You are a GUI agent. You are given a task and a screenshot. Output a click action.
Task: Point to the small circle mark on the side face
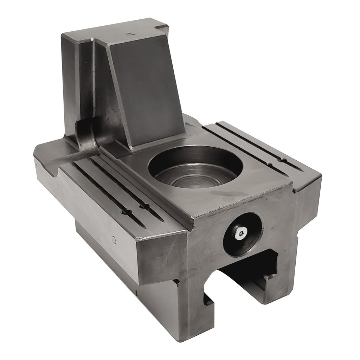tap(114, 240)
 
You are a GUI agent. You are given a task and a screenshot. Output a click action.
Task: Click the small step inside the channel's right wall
tap(271, 278)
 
